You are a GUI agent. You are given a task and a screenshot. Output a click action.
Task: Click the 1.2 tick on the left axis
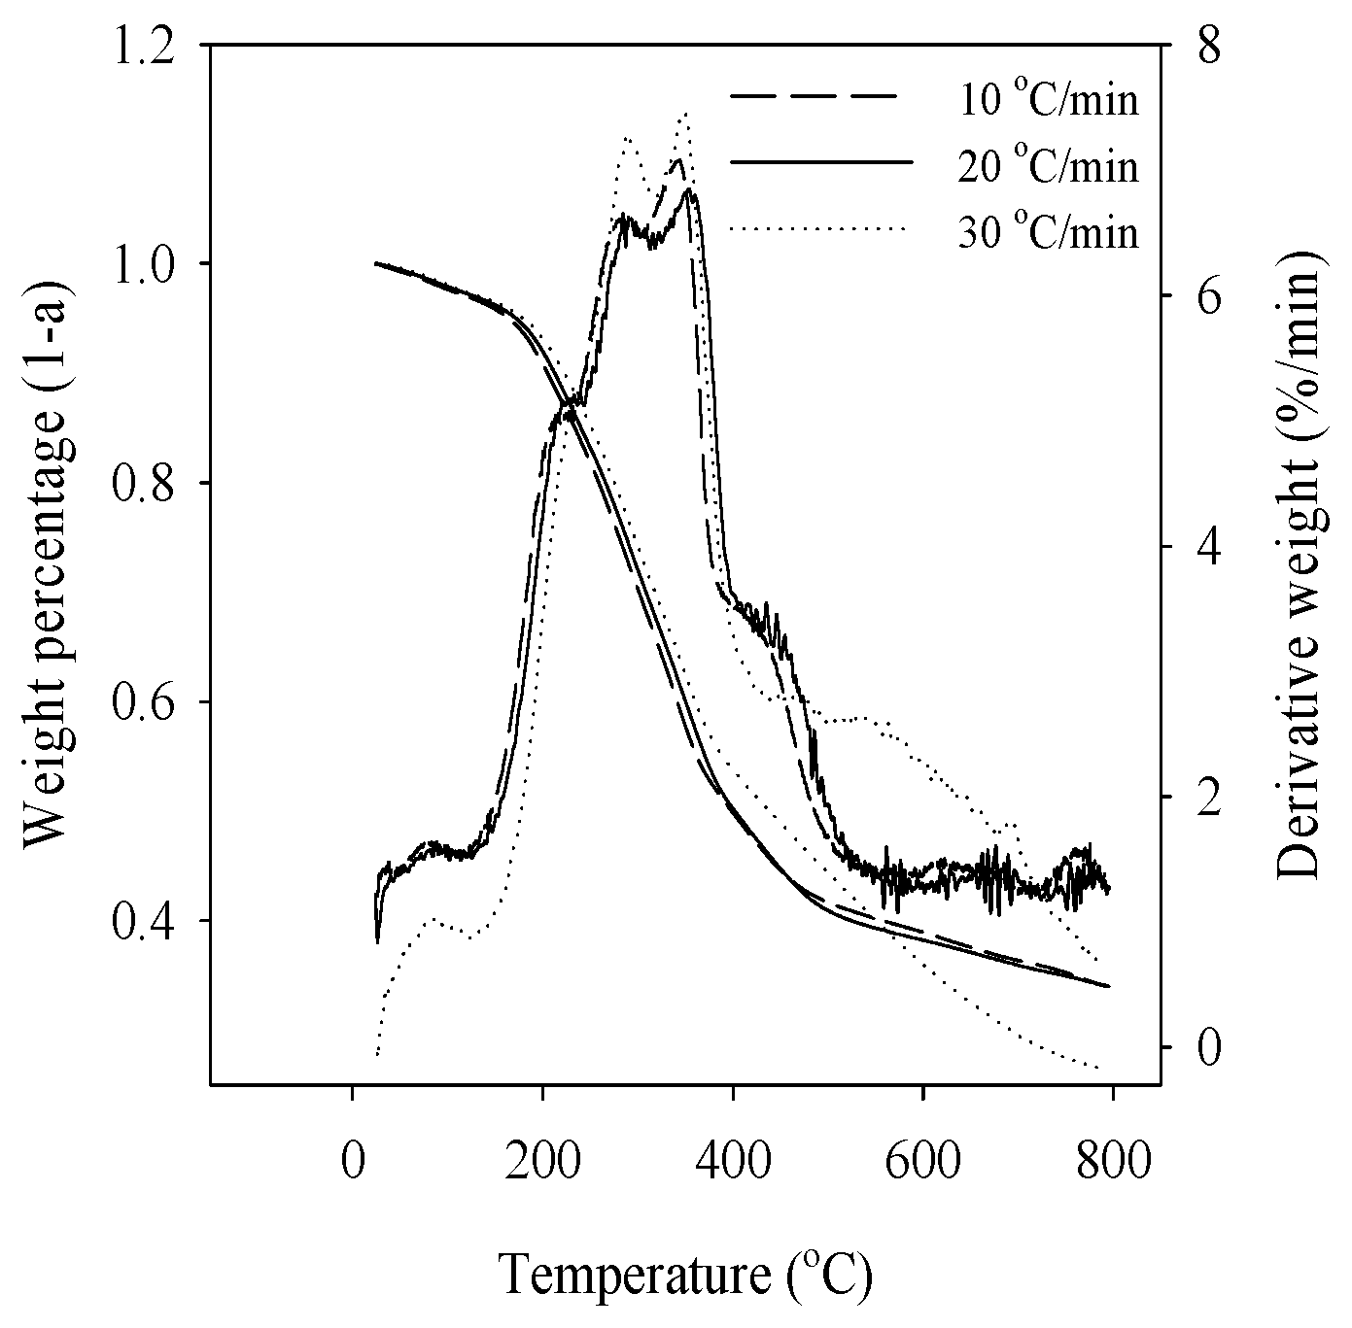pos(145,46)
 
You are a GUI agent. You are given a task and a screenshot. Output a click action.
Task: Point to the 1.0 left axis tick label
pos(145,264)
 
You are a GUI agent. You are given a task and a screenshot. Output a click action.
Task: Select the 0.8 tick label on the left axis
pos(145,483)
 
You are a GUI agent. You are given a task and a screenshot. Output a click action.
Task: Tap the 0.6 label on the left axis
pos(145,702)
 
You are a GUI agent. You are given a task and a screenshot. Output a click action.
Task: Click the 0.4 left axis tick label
pos(145,921)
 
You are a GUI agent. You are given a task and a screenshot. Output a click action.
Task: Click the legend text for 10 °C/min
pos(1048,100)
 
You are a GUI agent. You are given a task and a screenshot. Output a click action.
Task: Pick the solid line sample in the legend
pos(821,162)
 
